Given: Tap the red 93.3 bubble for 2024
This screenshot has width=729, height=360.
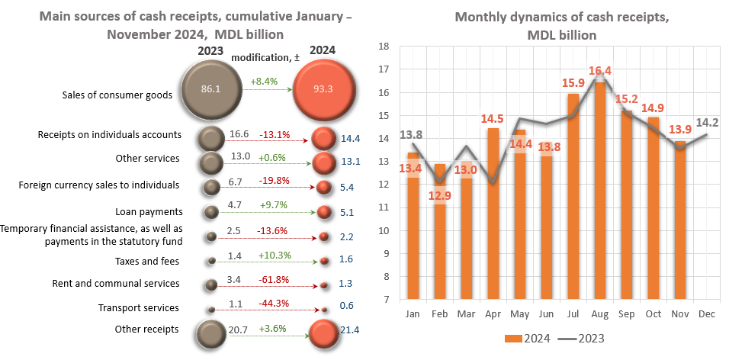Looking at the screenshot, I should coord(324,89).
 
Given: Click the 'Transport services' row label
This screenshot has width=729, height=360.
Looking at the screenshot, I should coord(139,308).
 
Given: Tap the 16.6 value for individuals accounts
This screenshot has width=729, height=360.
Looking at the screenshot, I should coord(239,134).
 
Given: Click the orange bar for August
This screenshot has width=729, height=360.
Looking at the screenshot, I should coord(601,191).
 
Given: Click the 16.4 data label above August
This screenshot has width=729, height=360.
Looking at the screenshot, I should coord(600,72).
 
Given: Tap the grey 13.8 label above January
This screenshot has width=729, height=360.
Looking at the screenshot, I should coord(411,134).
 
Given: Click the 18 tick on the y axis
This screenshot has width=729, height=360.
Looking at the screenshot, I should coord(384,46).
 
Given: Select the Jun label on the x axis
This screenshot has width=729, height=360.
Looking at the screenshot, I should coord(547,313).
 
